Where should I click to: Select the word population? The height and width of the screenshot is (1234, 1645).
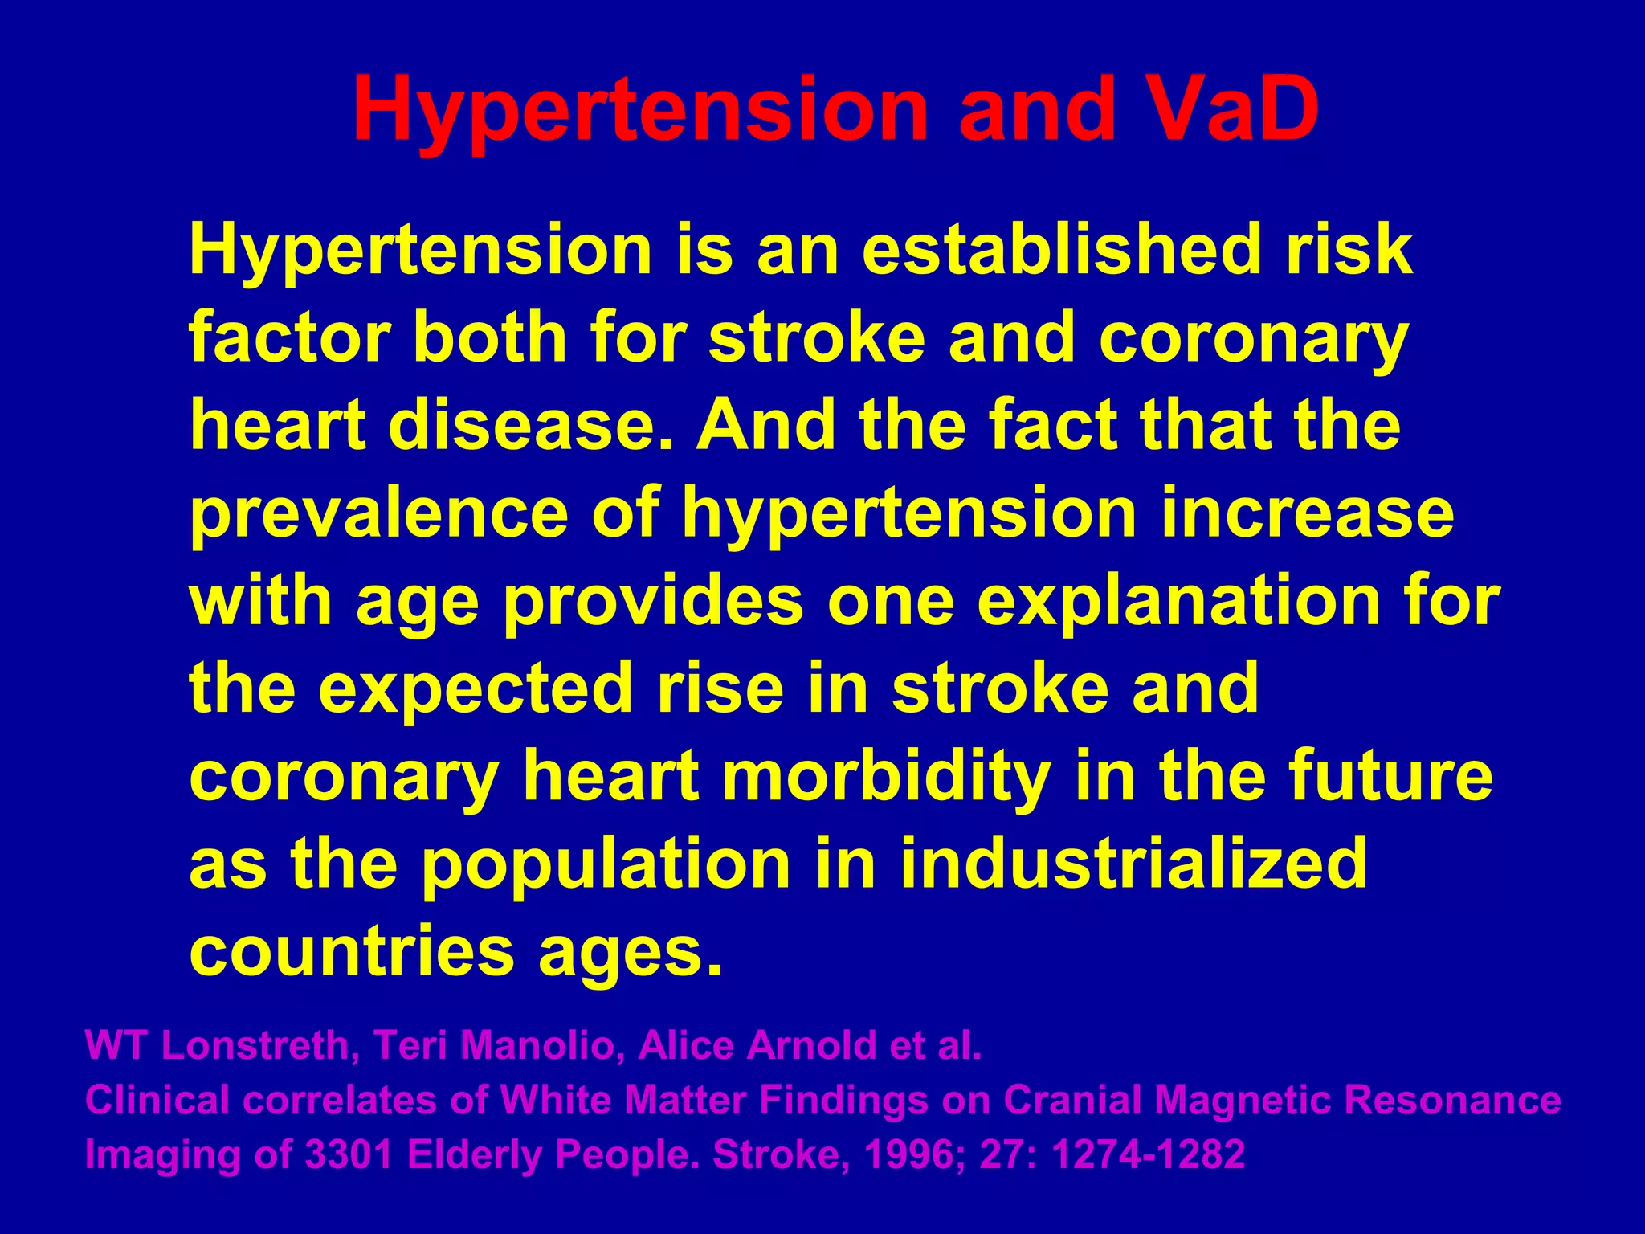(606, 864)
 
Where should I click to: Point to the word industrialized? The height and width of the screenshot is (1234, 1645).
(1133, 864)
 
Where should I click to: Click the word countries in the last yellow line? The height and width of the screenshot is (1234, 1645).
(351, 951)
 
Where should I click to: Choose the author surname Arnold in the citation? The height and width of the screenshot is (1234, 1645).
(811, 1046)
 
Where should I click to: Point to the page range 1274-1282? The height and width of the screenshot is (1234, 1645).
(1149, 1155)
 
